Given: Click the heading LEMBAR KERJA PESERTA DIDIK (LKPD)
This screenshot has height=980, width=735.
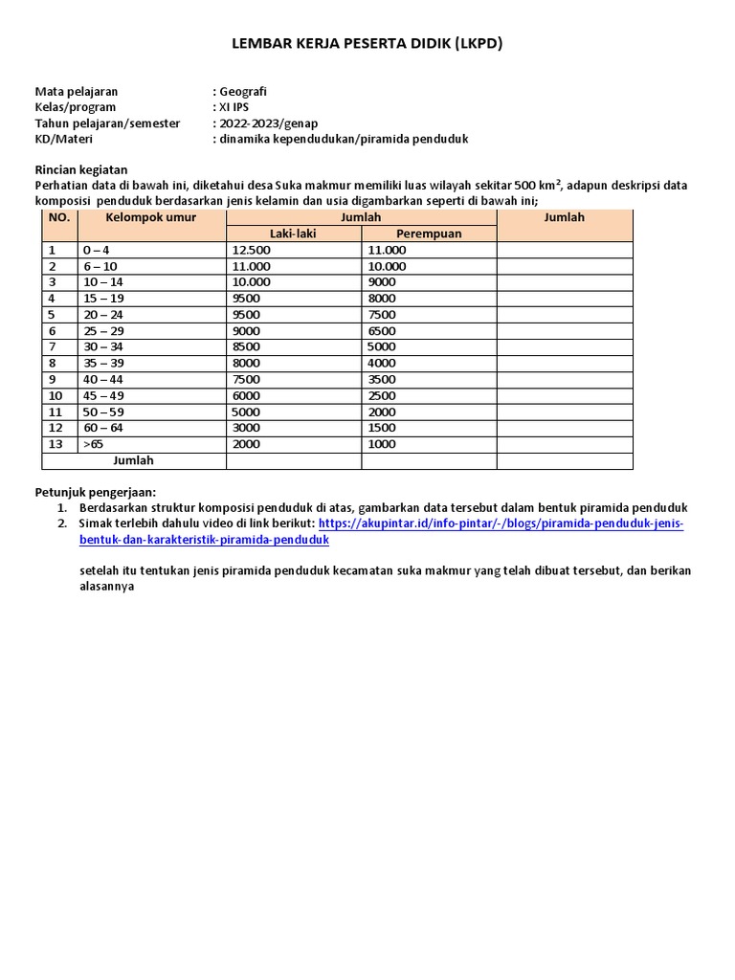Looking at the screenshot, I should pos(367,43).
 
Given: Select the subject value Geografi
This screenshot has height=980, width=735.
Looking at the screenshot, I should pos(242,91).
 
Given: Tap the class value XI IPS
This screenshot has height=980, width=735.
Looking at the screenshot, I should pos(234,107).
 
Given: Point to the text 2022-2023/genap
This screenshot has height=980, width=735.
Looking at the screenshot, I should pos(267,123).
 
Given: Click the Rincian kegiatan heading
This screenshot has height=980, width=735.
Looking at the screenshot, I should pos(80,169).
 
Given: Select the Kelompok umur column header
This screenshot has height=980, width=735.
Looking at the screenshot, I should pos(151,217).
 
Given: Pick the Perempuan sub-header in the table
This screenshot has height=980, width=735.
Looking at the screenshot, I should pos(429,234).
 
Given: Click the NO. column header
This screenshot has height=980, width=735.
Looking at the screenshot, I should pos(59,217).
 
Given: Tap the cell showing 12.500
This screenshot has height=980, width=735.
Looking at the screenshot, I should pos(251,250).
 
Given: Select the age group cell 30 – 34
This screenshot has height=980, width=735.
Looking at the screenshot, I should pos(103,347).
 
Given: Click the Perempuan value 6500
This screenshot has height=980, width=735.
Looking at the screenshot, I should pos(381,331).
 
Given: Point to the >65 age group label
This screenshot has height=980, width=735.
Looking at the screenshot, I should pos(94,445).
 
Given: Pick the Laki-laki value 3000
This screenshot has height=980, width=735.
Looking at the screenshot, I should pos(246,429).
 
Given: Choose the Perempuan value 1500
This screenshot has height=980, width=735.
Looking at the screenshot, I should pos(381,429).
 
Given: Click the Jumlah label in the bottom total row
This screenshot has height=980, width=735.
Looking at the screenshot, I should pos(133,460).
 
